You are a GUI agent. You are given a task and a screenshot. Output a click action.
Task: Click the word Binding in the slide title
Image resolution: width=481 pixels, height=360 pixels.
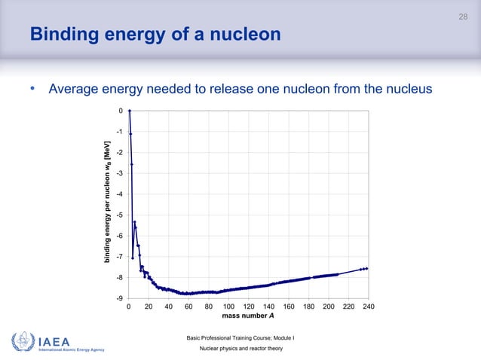(x=61, y=35)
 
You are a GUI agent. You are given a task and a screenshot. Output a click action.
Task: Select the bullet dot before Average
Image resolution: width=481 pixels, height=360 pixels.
(x=32, y=90)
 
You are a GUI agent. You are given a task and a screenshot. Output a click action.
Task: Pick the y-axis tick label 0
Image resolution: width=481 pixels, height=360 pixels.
(x=121, y=111)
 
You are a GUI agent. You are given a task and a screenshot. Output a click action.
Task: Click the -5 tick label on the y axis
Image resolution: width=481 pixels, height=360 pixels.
(x=120, y=215)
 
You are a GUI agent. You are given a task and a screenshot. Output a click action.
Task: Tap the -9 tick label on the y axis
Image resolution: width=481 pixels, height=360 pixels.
(x=120, y=299)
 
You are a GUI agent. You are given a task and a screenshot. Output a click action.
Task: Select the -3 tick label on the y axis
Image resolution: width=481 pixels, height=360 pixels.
(x=120, y=174)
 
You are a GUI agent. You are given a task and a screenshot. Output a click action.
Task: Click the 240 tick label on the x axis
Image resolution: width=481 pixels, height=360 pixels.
(x=369, y=308)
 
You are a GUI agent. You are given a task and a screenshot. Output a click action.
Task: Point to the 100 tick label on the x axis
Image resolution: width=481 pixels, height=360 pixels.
(x=228, y=308)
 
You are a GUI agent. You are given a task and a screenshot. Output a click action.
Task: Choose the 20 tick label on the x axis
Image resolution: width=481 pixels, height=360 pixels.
(x=149, y=308)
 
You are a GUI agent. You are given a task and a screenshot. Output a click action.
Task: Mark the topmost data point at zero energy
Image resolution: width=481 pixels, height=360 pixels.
(x=130, y=111)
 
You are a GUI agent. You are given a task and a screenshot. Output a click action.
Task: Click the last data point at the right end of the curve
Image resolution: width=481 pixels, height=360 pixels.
(x=366, y=268)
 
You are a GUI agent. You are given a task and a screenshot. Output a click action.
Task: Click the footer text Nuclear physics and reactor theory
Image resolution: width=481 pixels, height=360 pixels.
(x=240, y=350)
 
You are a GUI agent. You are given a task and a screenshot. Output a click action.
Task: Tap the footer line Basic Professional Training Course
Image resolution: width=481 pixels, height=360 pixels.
(x=239, y=337)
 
